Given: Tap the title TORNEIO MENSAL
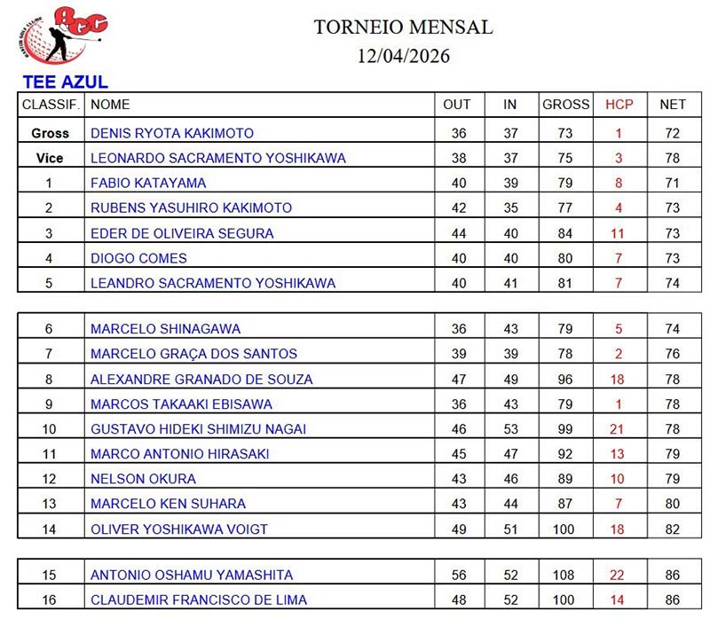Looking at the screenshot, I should pyautogui.click(x=403, y=27).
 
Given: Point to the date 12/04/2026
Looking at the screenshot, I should pyautogui.click(x=403, y=56).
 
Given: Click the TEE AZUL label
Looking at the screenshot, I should pyautogui.click(x=65, y=82).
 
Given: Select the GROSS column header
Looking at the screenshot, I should pyautogui.click(x=566, y=105).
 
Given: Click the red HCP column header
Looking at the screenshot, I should pyautogui.click(x=619, y=105).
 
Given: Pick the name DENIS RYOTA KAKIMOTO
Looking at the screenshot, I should pyautogui.click(x=172, y=133).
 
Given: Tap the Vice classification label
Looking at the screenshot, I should pyautogui.click(x=50, y=158).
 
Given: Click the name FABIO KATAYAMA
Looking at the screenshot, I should pyautogui.click(x=148, y=183).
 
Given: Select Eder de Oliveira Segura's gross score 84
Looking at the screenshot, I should pyautogui.click(x=566, y=233).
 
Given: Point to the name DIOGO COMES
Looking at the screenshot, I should pyautogui.click(x=138, y=258).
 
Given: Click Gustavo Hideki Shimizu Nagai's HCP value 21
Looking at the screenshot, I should pyautogui.click(x=619, y=429).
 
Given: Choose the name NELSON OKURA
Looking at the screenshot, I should pyautogui.click(x=143, y=479).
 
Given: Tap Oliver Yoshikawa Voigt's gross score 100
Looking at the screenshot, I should pyautogui.click(x=566, y=529).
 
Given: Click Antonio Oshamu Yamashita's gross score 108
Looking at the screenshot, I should pyautogui.click(x=566, y=575).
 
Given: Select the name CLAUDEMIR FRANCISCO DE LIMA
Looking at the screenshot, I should pyautogui.click(x=199, y=599).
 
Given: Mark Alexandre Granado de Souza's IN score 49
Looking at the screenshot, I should pyautogui.click(x=510, y=379).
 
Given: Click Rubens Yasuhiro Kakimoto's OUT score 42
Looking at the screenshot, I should pyautogui.click(x=457, y=208).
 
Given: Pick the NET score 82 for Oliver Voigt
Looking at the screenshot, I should pyautogui.click(x=672, y=529).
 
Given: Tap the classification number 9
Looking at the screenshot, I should pyautogui.click(x=50, y=404).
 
